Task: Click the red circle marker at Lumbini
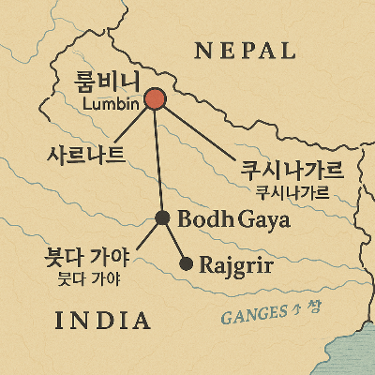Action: pos(156,99)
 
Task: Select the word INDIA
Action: pos(103,321)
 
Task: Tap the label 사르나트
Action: pos(86,155)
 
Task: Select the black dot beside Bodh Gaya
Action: pos(162,218)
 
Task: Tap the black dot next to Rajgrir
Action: pos(186,263)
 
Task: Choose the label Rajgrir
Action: pos(236,264)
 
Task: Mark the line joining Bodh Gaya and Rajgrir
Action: pos(174,242)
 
